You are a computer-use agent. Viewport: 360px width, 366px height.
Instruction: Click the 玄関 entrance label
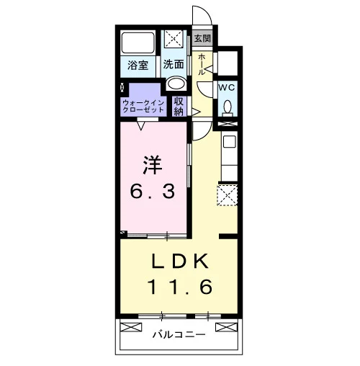click(202, 38)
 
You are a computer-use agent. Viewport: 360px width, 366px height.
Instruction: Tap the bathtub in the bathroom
click(138, 43)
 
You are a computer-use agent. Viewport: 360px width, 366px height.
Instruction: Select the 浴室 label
click(138, 65)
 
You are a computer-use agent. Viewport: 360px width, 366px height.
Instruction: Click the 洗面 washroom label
click(174, 64)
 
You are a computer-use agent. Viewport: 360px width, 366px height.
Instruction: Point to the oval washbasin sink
click(176, 83)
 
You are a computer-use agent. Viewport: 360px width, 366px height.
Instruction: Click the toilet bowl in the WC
click(228, 107)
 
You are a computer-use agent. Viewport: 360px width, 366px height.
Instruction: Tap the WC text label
click(226, 88)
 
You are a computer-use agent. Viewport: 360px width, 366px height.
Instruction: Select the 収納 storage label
click(179, 107)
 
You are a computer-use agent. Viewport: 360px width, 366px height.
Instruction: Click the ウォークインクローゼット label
click(143, 107)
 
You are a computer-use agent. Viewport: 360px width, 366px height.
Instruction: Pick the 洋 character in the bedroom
click(153, 166)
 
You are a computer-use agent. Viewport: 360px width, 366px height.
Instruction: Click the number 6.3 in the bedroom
click(152, 192)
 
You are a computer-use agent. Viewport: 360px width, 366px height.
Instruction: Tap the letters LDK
click(180, 262)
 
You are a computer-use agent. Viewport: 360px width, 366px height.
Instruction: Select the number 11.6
click(180, 287)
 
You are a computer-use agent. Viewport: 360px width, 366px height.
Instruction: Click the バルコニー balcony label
click(179, 334)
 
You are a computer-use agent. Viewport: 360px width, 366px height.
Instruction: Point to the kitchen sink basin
click(230, 142)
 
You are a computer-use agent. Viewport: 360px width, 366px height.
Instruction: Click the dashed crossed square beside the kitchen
click(227, 195)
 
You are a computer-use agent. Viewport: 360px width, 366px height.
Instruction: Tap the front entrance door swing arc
click(206, 12)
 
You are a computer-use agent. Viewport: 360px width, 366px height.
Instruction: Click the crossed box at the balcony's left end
click(131, 328)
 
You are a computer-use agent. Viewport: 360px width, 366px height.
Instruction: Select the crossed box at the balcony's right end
click(226, 327)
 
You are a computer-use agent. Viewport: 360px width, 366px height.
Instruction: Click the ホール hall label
click(202, 65)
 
